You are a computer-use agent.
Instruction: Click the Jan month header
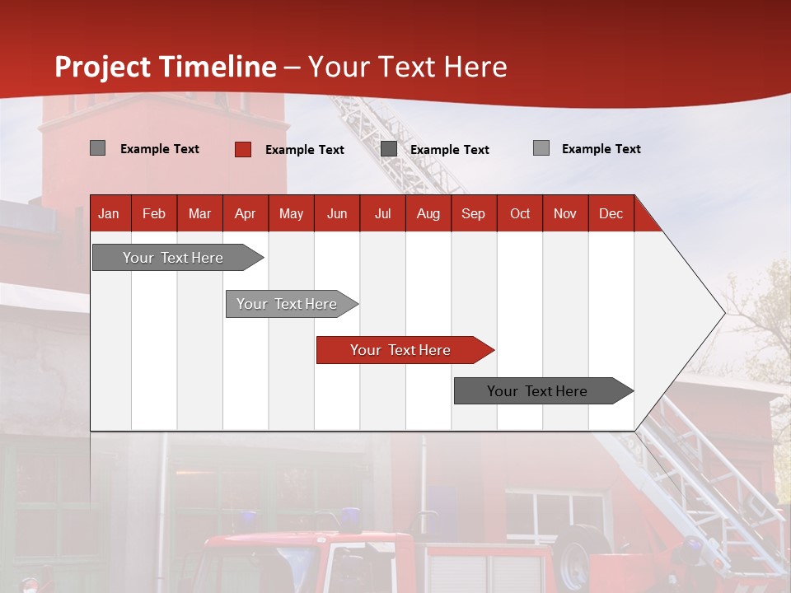[x=109, y=213]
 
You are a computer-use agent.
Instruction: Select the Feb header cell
[x=154, y=213]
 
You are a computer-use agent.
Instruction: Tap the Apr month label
[x=245, y=213]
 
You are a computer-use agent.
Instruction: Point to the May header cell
[x=291, y=213]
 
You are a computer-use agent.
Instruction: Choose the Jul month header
[x=382, y=213]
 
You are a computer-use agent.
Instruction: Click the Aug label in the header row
[x=428, y=213]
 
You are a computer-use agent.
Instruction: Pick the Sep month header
[x=473, y=213]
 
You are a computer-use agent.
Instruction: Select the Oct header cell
[x=520, y=213]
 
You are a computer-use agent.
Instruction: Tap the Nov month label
[x=565, y=213]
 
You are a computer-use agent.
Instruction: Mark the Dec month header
[x=611, y=213]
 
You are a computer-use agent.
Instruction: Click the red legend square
[x=243, y=149]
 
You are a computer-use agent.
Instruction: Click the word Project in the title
[x=103, y=67]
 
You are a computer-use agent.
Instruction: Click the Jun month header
[x=337, y=213]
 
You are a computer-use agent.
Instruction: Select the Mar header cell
[x=199, y=213]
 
